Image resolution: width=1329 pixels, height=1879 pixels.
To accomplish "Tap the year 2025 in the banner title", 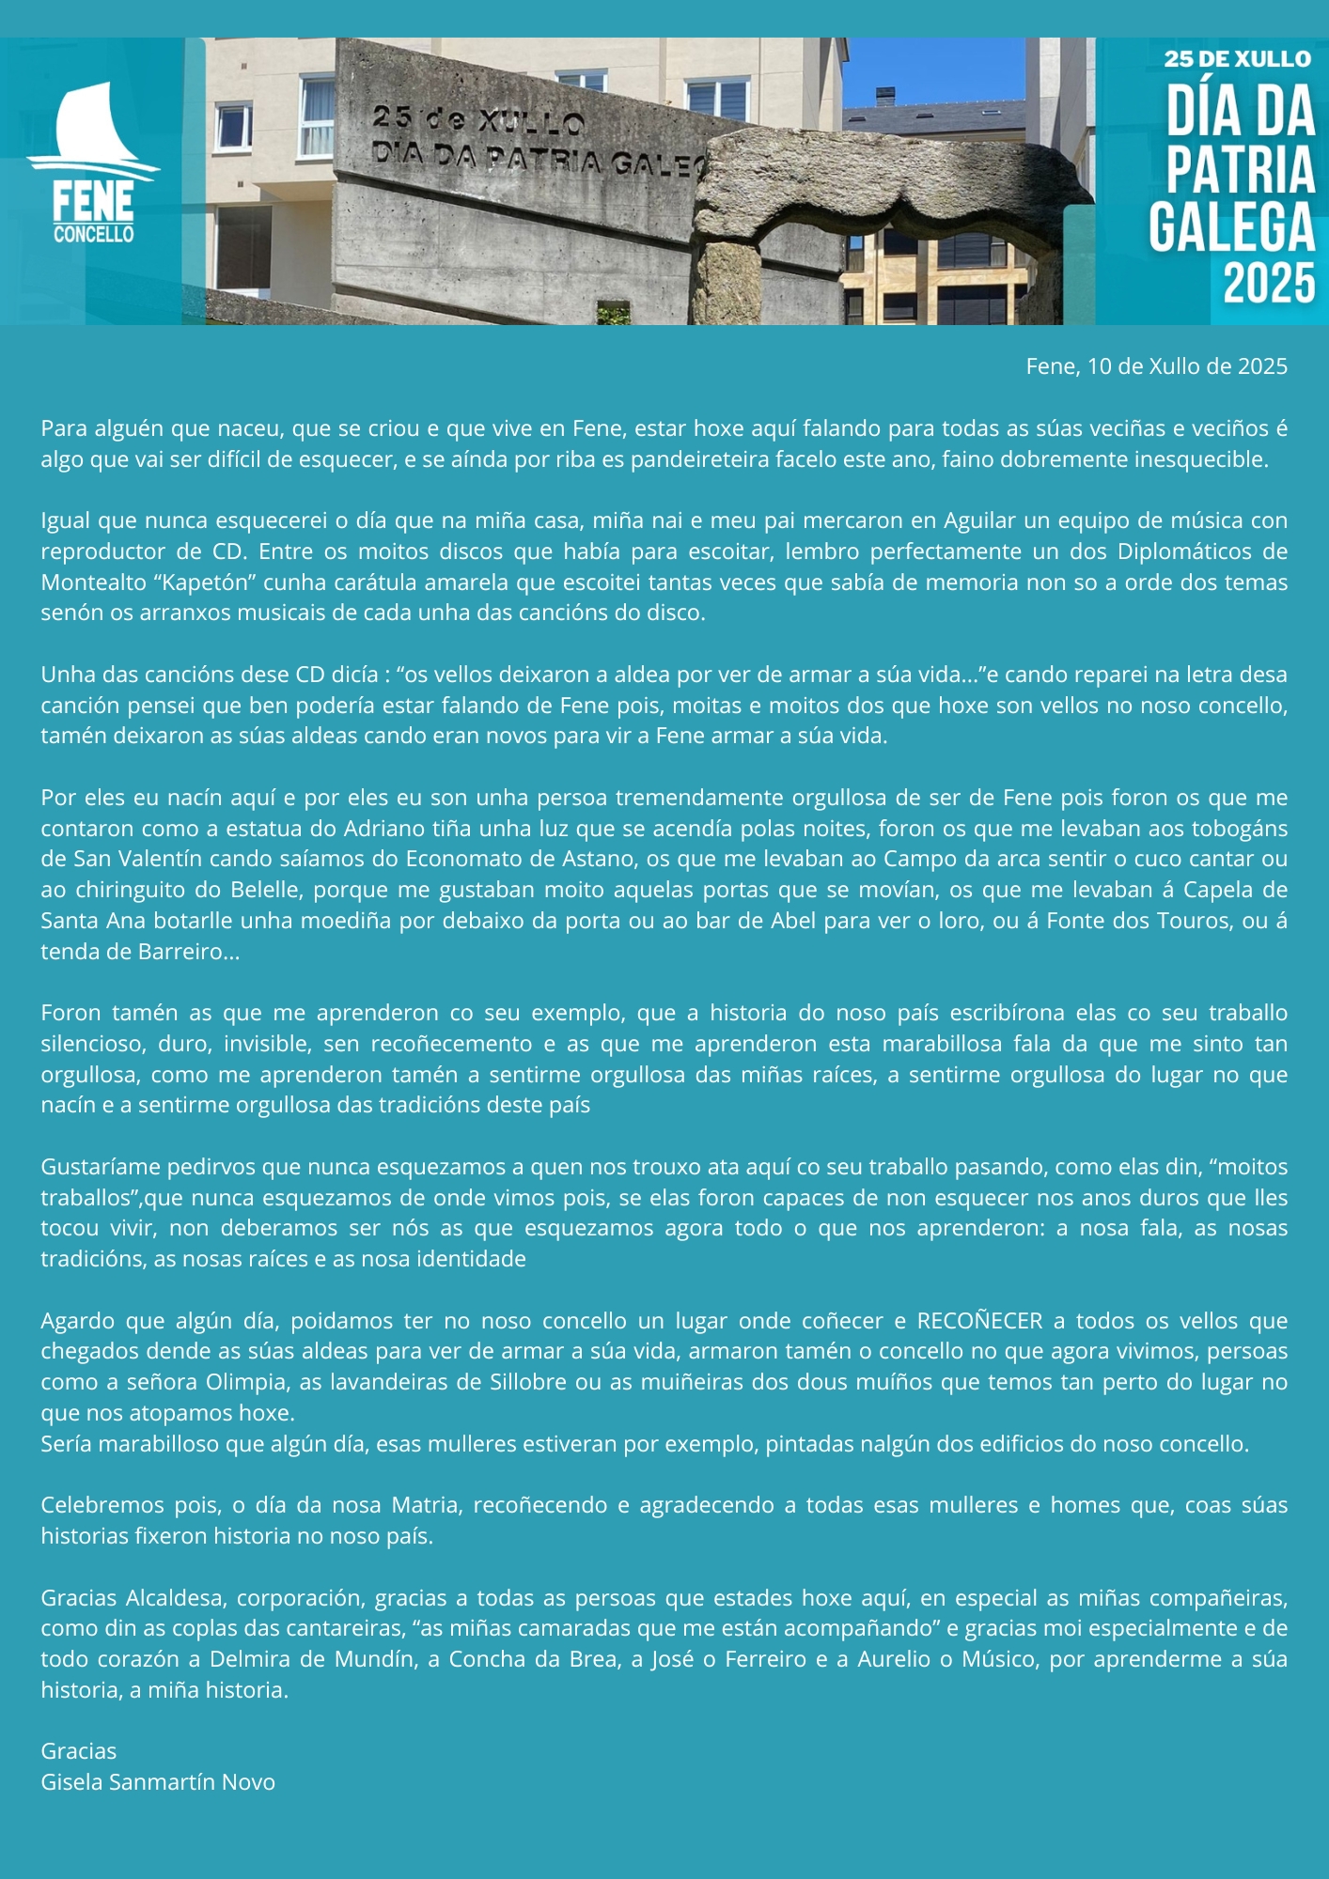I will (x=1268, y=283).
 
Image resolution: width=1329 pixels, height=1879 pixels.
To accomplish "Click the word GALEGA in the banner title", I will (x=1231, y=227).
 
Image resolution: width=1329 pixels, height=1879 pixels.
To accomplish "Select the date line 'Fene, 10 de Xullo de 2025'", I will (x=1156, y=366).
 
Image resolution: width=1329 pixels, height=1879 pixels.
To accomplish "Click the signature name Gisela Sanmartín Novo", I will (x=158, y=1782).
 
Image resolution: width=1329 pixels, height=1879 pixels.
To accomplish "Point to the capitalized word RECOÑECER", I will (x=979, y=1321).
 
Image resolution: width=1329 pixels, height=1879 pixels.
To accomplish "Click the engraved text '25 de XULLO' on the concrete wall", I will (x=478, y=120).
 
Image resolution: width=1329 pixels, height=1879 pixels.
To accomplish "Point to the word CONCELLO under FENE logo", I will (x=93, y=234).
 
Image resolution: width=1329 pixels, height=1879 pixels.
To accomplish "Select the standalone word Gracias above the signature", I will (x=79, y=1751).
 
